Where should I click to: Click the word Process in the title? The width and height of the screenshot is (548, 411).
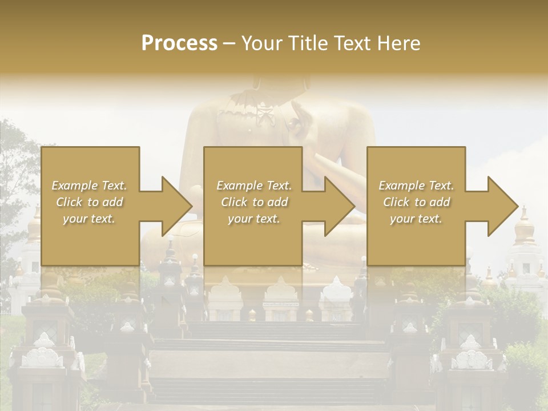[179, 43]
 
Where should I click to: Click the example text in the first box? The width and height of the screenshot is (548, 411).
[89, 202]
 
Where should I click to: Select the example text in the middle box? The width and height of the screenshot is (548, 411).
[254, 202]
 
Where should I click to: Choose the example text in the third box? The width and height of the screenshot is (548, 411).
[416, 202]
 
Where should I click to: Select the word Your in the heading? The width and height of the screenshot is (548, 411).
[260, 43]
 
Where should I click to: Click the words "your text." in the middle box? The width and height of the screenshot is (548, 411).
[254, 219]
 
